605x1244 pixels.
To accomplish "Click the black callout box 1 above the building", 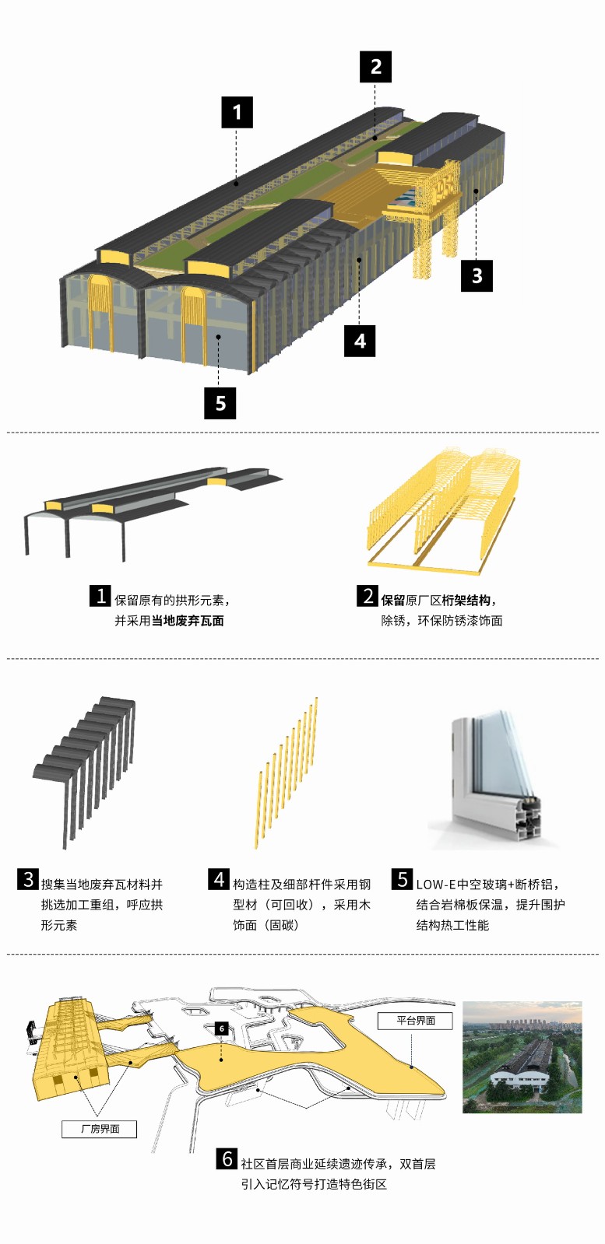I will coord(237,112).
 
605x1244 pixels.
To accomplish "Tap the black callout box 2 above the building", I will coord(375,67).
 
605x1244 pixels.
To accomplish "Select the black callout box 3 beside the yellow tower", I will coord(477,275).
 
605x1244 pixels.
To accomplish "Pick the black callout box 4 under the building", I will coord(360,341).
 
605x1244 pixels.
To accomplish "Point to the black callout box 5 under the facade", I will coord(220,403).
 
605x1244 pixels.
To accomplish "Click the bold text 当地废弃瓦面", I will coord(187,621).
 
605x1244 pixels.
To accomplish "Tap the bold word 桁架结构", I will coord(466,600).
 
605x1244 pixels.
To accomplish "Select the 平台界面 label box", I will coord(415,1021).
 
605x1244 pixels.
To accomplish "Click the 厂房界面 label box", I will coord(100,1129).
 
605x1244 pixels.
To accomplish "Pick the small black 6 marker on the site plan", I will coord(222,1028).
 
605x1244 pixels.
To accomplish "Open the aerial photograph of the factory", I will coord(522,1057).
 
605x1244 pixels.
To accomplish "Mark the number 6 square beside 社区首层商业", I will coord(227,1158).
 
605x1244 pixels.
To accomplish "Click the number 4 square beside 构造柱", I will coord(219,879).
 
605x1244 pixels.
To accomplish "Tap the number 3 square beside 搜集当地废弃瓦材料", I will coord(28,879).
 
